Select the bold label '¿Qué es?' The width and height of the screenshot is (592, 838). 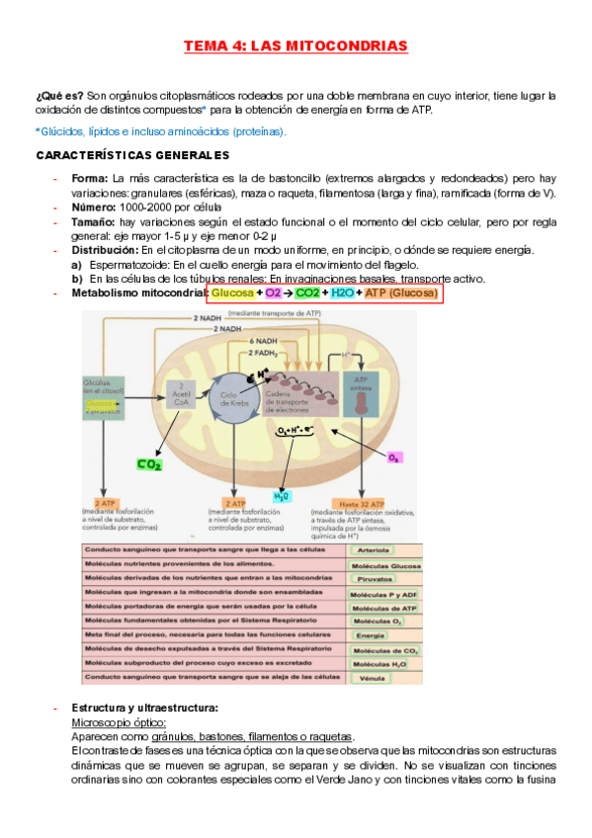point(58,96)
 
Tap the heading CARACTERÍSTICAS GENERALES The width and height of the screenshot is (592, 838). point(132,155)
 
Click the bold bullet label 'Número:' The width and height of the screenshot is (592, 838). point(94,208)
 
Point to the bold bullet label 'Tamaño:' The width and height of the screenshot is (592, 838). point(95,222)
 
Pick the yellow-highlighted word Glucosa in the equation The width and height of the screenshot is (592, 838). point(232,293)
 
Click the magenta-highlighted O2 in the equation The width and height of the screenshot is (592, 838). point(273,293)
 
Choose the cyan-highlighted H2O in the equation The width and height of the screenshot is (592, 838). point(342,293)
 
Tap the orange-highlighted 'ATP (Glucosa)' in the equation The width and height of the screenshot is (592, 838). point(399,293)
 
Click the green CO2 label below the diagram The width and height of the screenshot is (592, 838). point(150,463)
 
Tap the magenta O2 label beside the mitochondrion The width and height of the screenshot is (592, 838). point(393,459)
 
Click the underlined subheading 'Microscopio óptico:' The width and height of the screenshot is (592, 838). point(112,722)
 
